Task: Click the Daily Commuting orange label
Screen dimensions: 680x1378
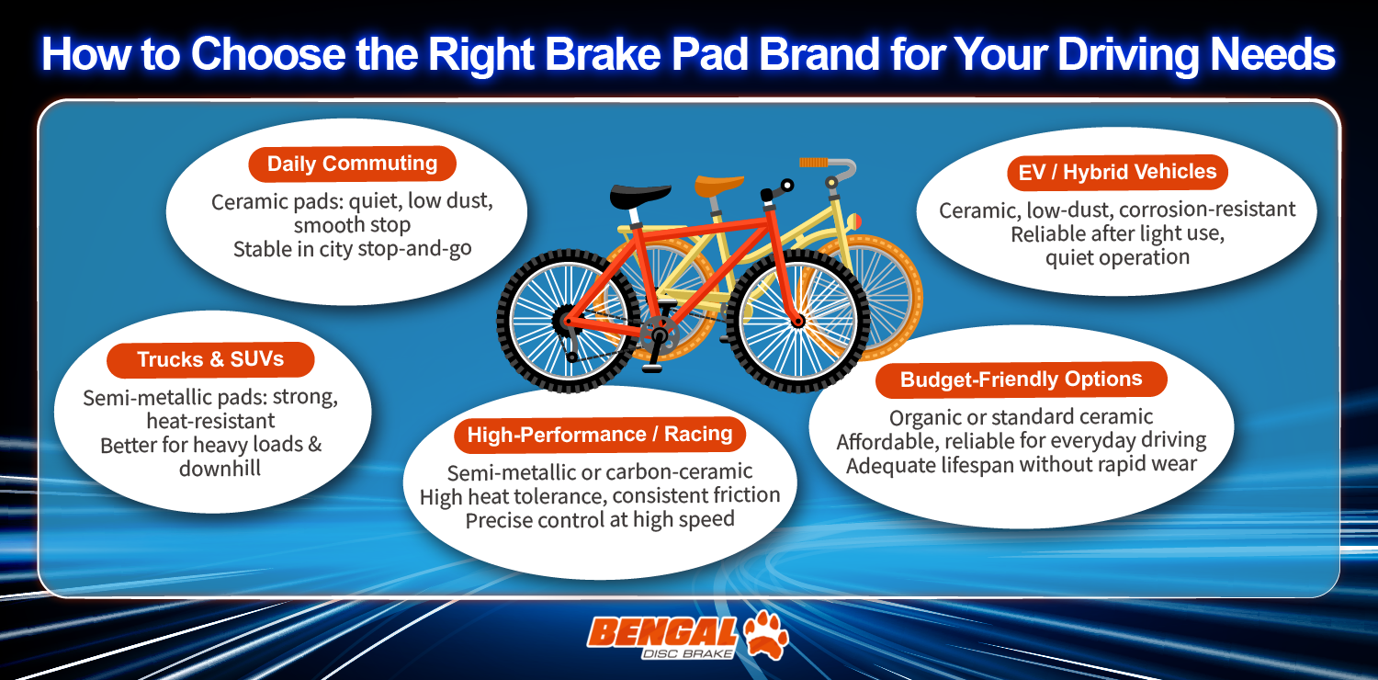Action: point(352,164)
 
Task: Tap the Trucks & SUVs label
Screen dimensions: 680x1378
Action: point(210,359)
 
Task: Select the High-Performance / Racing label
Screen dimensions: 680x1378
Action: point(599,435)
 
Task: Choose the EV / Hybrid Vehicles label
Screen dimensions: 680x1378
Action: point(1117,172)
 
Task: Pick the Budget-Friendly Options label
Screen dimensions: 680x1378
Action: point(1021,380)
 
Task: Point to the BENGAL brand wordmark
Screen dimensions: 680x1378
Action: point(661,630)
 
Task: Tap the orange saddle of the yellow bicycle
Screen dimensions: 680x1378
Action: point(718,184)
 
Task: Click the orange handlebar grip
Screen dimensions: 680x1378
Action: point(814,163)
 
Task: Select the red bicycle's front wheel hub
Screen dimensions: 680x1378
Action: point(798,320)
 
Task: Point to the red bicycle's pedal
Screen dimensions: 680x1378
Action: point(651,367)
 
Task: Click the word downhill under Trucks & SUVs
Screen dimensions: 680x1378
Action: point(220,468)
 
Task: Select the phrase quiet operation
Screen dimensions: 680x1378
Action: point(1117,256)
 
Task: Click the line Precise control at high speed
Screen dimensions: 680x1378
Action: point(599,519)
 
